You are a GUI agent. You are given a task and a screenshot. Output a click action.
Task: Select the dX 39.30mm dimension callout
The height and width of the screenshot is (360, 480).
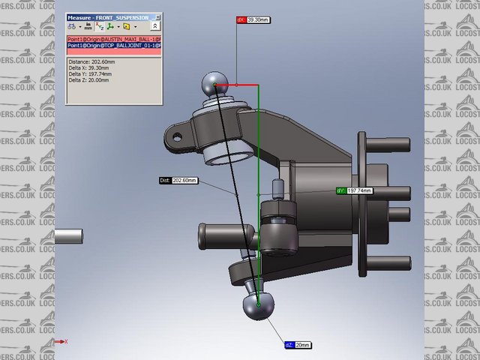[253, 20]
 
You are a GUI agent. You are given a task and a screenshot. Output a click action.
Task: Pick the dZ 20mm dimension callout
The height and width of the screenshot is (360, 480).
[298, 345]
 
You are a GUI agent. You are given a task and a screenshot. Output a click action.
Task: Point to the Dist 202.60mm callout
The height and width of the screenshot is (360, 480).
[178, 181]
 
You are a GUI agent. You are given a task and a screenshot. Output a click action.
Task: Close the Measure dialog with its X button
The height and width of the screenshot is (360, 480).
[158, 16]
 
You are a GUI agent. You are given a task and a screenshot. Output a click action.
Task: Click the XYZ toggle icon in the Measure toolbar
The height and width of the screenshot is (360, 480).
[100, 26]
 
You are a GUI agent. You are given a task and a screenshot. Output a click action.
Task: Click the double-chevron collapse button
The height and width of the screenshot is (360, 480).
[154, 26]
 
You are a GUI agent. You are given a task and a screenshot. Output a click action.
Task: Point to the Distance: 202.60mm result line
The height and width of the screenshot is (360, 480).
[91, 62]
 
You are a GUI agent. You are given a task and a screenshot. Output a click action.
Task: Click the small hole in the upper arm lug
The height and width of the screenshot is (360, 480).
[178, 137]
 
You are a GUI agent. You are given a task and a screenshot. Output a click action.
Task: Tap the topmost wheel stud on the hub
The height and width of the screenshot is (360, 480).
[362, 146]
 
